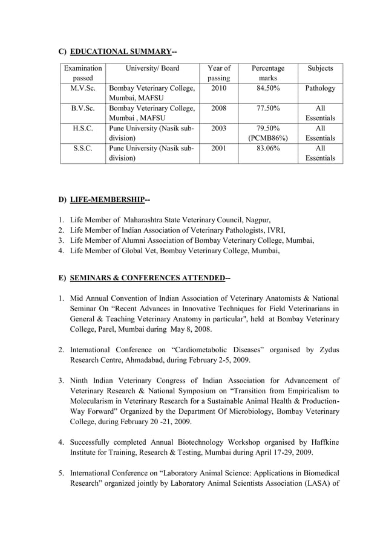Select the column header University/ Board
[152, 68]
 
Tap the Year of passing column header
[218, 73]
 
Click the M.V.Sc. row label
[83, 88]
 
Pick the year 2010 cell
[218, 88]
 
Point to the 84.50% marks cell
[267, 88]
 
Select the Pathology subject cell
[320, 88]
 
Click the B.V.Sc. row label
[83, 108]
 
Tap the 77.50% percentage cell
[267, 108]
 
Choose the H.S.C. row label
[83, 129]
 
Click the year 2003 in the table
[218, 129]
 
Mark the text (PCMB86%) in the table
[267, 138]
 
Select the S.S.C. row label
[83, 149]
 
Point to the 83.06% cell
[267, 149]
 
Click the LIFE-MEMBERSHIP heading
[110, 199]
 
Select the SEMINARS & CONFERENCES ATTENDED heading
[149, 278]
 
